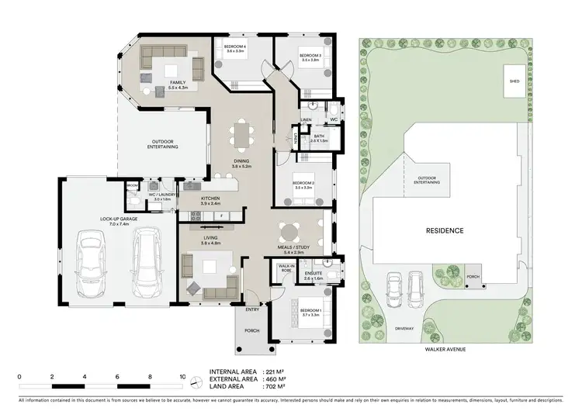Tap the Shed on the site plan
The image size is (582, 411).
pyautogui.click(x=514, y=81)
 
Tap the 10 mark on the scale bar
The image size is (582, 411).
pyautogui.click(x=182, y=376)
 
